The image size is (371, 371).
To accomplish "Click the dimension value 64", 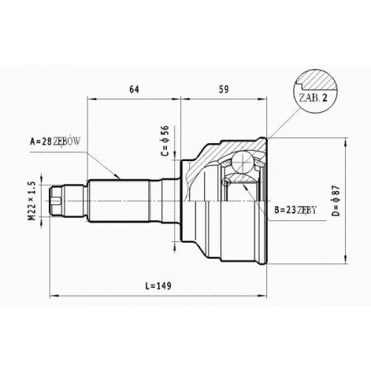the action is tap(134, 89).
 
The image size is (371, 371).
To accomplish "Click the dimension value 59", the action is tap(224, 89).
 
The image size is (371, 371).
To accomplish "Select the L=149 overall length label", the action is tap(158, 286).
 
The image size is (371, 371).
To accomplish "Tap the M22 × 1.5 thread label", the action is tap(33, 201).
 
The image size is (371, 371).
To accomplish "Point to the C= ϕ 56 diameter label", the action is tap(165, 140).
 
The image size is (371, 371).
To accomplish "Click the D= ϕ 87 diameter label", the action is tap(337, 200).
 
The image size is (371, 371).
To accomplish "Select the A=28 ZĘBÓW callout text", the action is tap(55, 142).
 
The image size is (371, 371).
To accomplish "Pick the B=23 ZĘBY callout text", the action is tap(295, 210).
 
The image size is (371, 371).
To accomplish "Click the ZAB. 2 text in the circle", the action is tap(313, 98).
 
